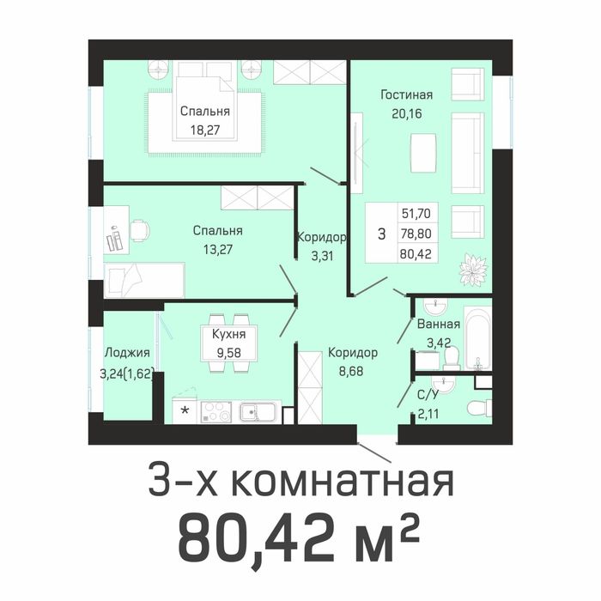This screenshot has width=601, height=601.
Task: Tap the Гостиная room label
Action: tap(406, 94)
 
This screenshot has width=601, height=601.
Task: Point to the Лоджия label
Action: tap(127, 353)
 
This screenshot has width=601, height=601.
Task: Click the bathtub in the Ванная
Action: tap(477, 337)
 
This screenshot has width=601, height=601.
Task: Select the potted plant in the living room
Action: tap(472, 270)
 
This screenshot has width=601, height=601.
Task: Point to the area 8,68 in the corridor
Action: tap(352, 370)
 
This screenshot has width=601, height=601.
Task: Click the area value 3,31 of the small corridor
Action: tap(322, 254)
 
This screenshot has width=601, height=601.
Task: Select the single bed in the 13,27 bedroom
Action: tap(143, 280)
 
